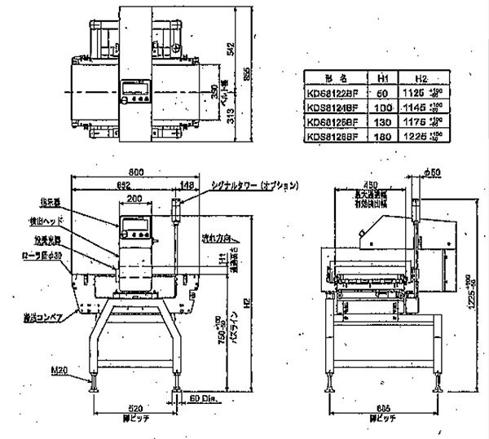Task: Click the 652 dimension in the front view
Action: coord(123,185)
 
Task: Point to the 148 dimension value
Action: coord(187,185)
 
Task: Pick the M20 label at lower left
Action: coord(81,371)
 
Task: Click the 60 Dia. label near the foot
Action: coord(199,398)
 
